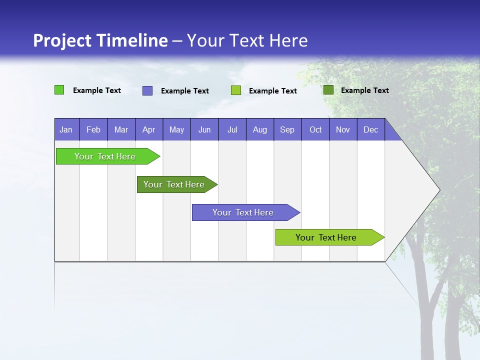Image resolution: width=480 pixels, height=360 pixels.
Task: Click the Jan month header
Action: click(x=66, y=129)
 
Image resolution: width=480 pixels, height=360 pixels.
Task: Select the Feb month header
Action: click(x=93, y=129)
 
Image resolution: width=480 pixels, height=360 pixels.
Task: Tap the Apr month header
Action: click(x=148, y=129)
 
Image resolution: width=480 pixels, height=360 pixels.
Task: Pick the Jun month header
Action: click(x=204, y=129)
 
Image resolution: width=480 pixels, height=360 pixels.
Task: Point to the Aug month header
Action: click(x=259, y=129)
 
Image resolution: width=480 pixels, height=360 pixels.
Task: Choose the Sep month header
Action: click(x=287, y=129)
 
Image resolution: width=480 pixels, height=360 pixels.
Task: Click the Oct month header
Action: click(x=315, y=129)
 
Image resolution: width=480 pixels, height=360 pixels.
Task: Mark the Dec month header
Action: click(x=370, y=129)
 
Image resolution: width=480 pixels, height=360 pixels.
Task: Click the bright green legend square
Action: click(x=59, y=90)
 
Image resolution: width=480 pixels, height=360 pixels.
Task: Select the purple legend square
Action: click(x=147, y=90)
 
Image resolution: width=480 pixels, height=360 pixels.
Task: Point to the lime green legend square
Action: click(x=236, y=90)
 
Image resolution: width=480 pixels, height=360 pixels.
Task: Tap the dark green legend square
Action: click(x=328, y=90)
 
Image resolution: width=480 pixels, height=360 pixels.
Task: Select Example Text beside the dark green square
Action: click(x=364, y=90)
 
